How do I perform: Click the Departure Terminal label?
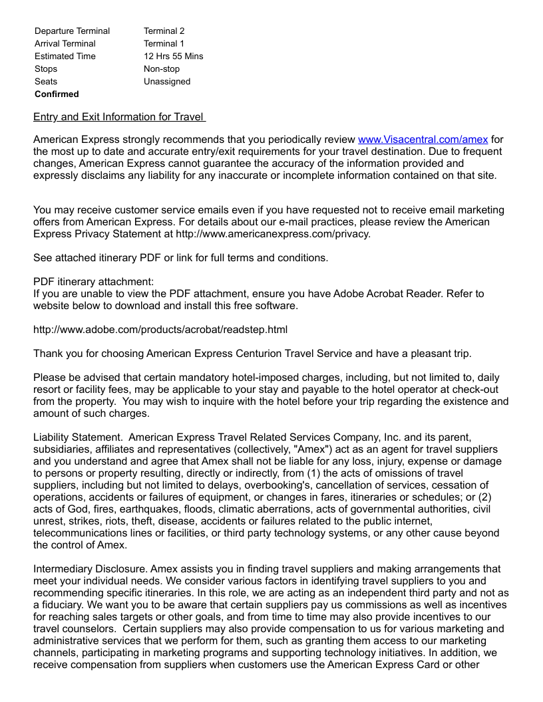(72, 31)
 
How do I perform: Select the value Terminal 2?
(164, 31)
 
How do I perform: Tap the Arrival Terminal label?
(65, 44)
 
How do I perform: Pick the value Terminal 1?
(164, 44)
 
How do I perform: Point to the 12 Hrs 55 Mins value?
(173, 57)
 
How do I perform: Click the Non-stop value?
(161, 69)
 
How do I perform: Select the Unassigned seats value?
(166, 82)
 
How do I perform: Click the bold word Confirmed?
(57, 94)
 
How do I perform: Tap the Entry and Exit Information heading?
(118, 118)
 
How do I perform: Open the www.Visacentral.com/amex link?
(423, 140)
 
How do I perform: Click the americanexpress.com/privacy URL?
(273, 234)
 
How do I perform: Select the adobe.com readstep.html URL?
(160, 330)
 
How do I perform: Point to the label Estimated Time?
(65, 57)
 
